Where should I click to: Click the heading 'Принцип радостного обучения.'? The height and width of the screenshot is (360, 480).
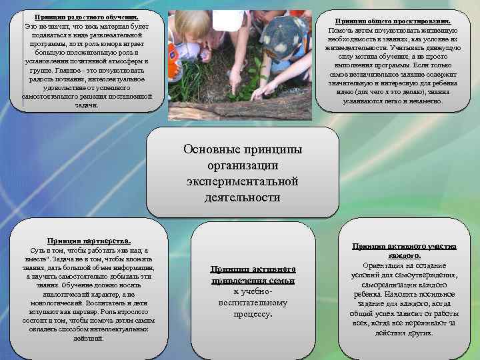coord(87,16)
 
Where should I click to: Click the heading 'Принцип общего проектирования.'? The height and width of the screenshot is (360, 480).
coord(393,22)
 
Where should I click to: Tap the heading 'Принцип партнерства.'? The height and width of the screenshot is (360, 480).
coord(89,240)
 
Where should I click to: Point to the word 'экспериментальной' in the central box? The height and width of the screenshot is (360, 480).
coord(242,181)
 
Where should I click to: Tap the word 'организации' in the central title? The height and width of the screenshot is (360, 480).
coord(242,165)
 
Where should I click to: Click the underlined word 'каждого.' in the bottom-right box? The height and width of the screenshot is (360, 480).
coord(404,255)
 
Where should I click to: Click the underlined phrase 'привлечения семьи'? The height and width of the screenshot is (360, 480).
coord(253,281)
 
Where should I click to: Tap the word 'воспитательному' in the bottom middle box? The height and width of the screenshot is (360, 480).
coord(253,303)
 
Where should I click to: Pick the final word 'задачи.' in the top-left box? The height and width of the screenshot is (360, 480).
coord(87,105)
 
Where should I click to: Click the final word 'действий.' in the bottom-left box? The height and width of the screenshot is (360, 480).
coord(88,338)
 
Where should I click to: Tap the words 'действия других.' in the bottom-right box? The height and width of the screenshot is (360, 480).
coord(404,332)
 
